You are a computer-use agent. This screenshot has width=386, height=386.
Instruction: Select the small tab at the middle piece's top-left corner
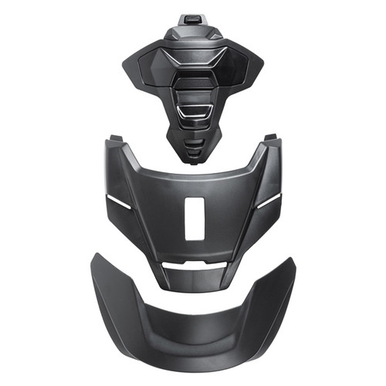[x=114, y=138]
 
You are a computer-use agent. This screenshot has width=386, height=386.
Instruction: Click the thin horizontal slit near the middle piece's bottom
[x=193, y=264]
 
